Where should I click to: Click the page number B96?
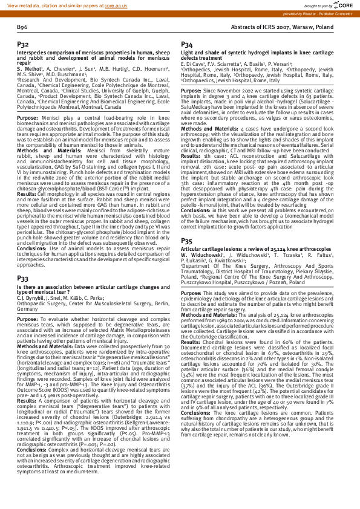tap(22, 28)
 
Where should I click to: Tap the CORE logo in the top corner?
tap(345, 5)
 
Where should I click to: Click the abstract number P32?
tap(22, 45)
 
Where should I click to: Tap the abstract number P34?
tap(187, 45)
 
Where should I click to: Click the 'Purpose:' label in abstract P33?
tap(28, 317)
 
